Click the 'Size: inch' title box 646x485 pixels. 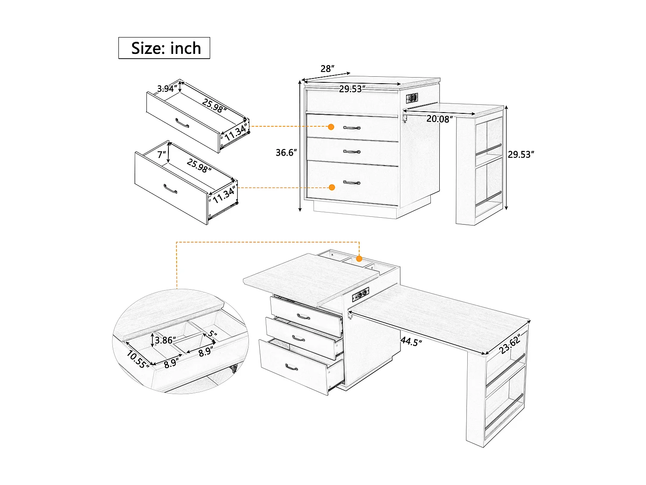pos(164,48)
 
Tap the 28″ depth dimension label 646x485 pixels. pos(327,69)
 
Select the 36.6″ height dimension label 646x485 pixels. pos(286,153)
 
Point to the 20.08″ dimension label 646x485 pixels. pos(439,119)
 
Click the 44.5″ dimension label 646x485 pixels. pos(411,341)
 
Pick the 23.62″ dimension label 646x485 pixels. pos(510,344)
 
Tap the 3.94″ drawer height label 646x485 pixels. pos(167,88)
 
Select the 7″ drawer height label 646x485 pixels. pos(161,154)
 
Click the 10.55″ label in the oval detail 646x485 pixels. pos(138,359)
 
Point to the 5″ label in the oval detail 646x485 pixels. pos(212,334)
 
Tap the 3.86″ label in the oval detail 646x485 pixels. pos(165,340)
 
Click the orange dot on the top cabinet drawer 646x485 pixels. pos(331,127)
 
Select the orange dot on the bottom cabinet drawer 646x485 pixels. pos(332,187)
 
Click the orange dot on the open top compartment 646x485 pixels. pos(359,259)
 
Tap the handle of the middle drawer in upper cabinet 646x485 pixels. pos(352,152)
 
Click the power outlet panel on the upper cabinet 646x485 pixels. pos(412,98)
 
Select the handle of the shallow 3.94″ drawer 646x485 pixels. pos(182,123)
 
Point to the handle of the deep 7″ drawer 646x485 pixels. pos(170,189)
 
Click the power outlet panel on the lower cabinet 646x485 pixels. pos(361,294)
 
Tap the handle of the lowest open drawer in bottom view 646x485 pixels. pos(292,367)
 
